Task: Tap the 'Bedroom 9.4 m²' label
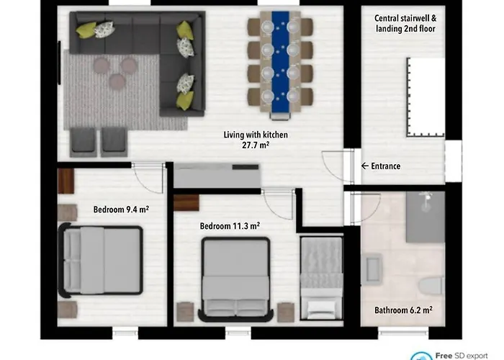(121, 210)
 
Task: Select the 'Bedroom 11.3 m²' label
(230, 225)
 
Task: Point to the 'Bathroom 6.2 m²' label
(402, 311)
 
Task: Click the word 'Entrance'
(385, 166)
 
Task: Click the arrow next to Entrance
(364, 166)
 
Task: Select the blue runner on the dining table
(279, 65)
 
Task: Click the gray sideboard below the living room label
(217, 176)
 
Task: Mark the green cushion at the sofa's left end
(86, 30)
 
